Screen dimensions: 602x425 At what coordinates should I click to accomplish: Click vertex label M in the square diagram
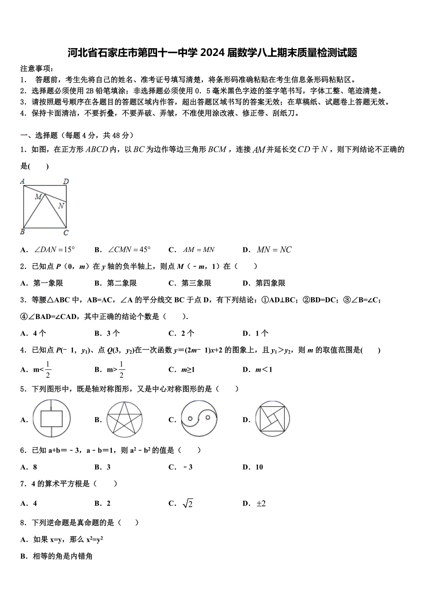click(38, 197)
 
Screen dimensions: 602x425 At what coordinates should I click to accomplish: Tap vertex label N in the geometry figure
click(61, 205)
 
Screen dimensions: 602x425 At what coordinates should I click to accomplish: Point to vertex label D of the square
click(66, 182)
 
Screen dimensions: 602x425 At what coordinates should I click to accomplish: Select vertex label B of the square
click(22, 232)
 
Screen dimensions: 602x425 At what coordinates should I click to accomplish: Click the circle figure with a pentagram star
click(124, 419)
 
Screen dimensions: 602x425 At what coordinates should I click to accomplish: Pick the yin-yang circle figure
click(199, 419)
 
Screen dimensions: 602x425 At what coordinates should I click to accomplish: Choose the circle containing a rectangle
click(51, 419)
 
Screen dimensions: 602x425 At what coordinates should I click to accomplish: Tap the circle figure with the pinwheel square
click(273, 419)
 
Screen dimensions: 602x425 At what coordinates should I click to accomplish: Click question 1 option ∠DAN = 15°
click(55, 250)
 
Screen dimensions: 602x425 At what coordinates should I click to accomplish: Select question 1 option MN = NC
click(274, 250)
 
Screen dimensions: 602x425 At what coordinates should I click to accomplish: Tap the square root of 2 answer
click(188, 504)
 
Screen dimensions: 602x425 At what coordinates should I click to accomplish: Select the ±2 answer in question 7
click(261, 504)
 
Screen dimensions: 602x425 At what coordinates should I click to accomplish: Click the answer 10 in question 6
click(259, 467)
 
